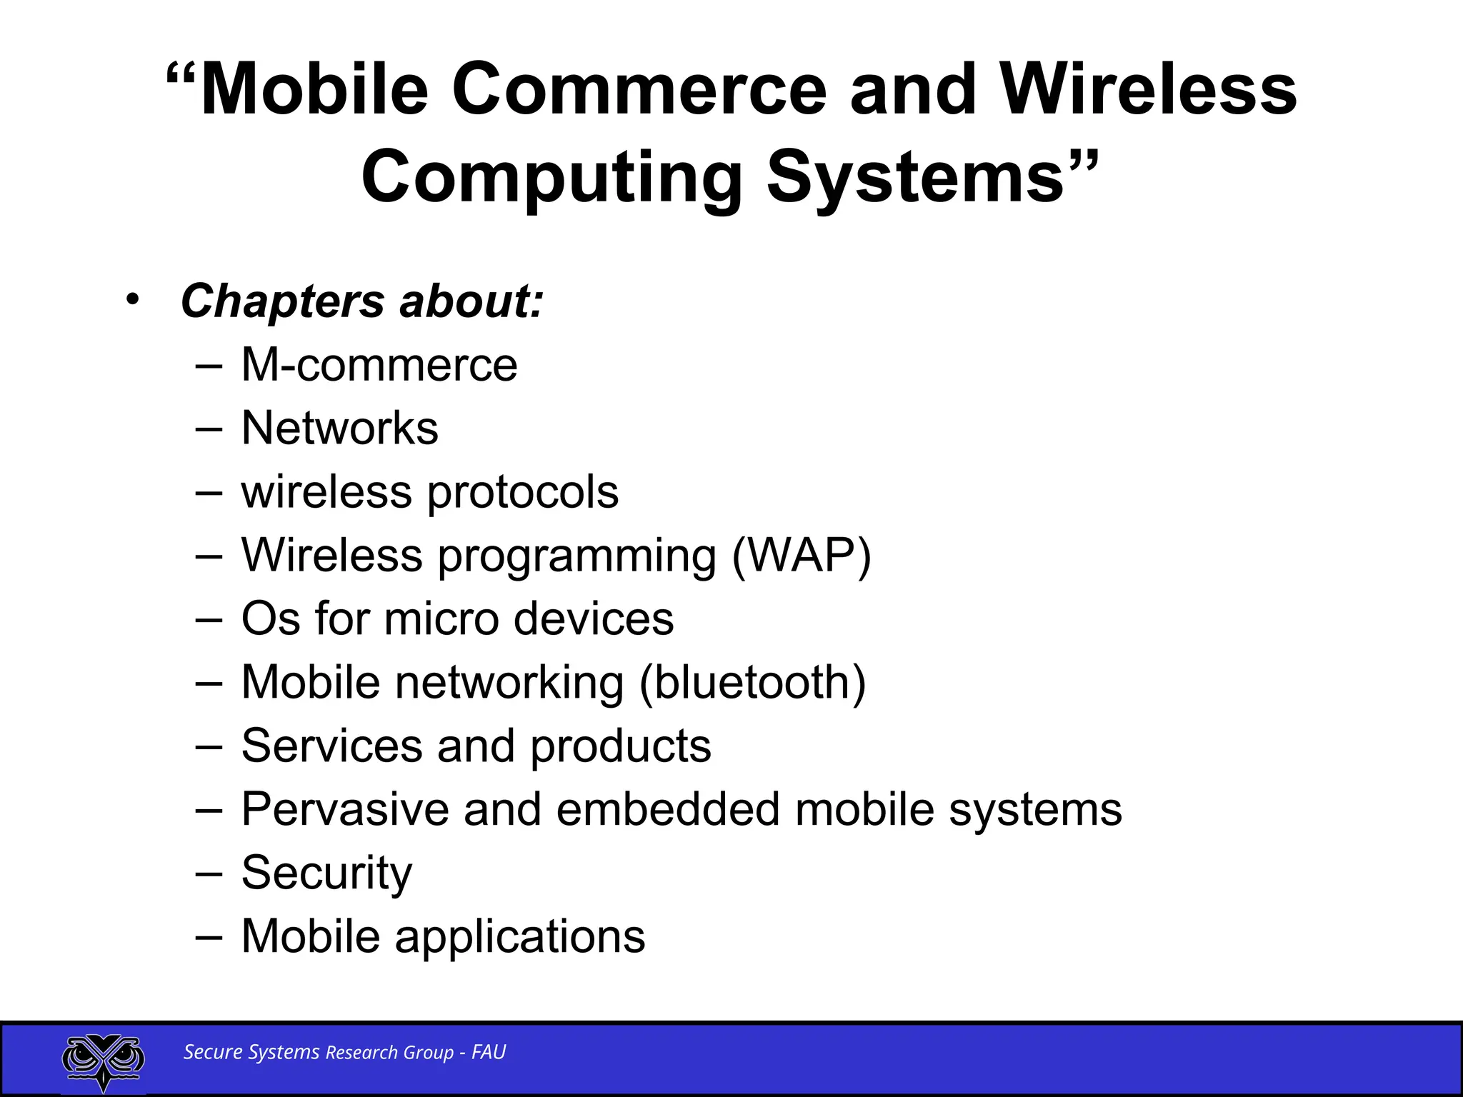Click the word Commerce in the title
pos(639,90)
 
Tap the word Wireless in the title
pos(1148,90)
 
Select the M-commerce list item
pos(379,365)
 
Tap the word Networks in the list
pos(340,429)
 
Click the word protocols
pos(523,493)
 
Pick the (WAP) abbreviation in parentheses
pos(802,556)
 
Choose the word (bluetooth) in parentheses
pos(752,682)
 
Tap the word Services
pos(332,746)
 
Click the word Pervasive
pos(345,809)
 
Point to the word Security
pos(326,873)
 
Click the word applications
pos(519,936)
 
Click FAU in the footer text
pos(489,1052)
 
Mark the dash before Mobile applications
pos(208,936)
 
